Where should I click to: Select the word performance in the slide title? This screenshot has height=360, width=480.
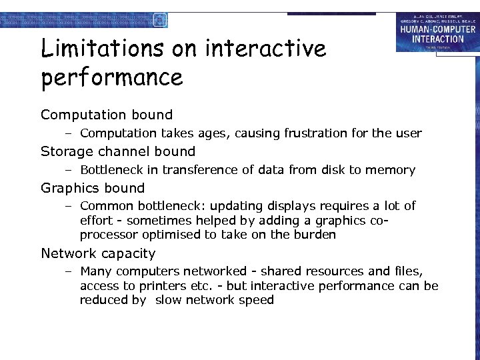pyautogui.click(x=111, y=77)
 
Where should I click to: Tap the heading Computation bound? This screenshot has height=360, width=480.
pyautogui.click(x=107, y=115)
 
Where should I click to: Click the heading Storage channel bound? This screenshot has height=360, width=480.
pyautogui.click(x=118, y=151)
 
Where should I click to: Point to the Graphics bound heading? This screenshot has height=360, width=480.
pyautogui.click(x=93, y=188)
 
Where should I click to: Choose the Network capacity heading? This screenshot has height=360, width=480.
pyautogui.click(x=98, y=253)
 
